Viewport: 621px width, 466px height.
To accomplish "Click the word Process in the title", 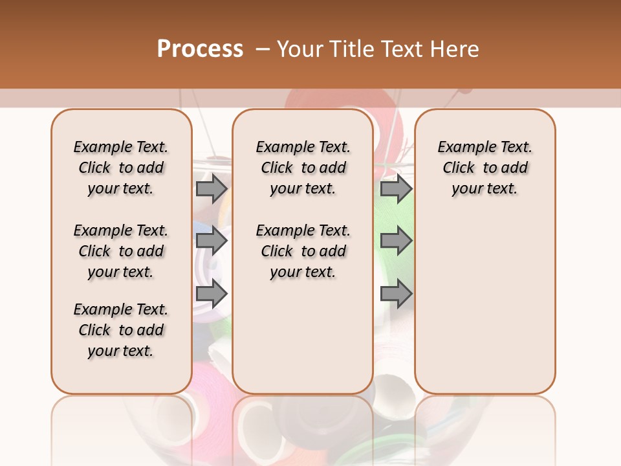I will pos(200,49).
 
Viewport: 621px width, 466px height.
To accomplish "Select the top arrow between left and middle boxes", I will pos(212,189).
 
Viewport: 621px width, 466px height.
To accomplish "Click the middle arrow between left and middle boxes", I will pos(212,241).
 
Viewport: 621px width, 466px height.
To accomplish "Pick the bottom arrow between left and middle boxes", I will pos(212,294).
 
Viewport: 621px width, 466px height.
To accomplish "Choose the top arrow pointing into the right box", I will pos(396,189).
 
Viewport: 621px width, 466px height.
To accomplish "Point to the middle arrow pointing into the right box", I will pos(396,241).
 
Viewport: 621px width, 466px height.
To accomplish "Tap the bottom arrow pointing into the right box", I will pos(396,294).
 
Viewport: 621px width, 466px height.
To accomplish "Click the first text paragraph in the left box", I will pos(121,168).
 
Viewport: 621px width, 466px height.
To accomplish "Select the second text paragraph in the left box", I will pos(121,251).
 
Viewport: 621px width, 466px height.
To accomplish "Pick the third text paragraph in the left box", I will pos(121,330).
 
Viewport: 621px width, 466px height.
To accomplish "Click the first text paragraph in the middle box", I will pos(303,168).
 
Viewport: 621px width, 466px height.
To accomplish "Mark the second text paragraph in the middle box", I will pos(303,251).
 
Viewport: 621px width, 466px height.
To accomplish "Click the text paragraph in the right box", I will pos(485,168).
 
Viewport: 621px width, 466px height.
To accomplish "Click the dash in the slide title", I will pos(263,49).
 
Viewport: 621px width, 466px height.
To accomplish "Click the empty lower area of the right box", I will pos(485,311).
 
